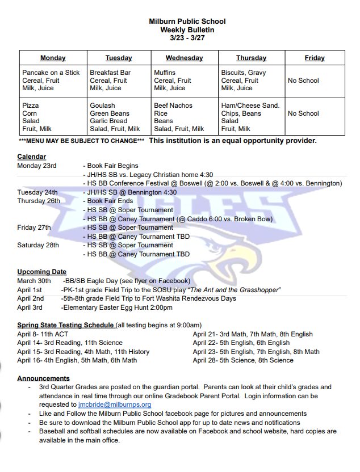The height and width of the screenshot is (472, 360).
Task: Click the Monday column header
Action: coord(53,58)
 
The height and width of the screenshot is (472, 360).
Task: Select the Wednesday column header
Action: coord(184,58)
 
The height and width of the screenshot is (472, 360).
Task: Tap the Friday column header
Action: coord(314,58)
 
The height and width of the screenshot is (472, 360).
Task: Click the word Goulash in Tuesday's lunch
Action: coord(102,106)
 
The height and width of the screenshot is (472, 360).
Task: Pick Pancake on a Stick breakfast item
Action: coord(51,73)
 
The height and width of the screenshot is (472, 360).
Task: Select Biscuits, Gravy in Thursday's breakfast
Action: coord(243,73)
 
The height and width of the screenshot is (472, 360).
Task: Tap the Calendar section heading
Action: coord(31,157)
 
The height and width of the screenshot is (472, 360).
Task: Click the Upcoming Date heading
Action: coord(41,272)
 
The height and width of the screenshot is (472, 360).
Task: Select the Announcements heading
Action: coord(43,378)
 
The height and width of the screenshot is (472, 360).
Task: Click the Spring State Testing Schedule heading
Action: coord(65,325)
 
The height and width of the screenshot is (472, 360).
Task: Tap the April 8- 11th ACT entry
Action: coord(43,334)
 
